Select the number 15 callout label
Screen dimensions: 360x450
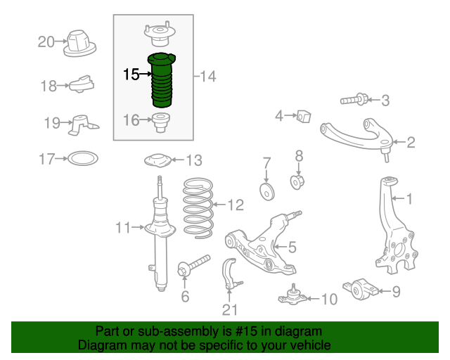tap(131, 74)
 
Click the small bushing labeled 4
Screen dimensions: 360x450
tap(303, 115)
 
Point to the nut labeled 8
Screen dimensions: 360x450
tap(297, 182)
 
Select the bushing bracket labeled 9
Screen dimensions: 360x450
tap(359, 288)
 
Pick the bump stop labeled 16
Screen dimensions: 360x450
tap(162, 122)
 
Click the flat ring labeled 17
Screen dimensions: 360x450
tap(82, 160)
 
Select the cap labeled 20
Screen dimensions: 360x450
tap(79, 44)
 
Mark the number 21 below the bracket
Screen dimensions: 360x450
tap(230, 309)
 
